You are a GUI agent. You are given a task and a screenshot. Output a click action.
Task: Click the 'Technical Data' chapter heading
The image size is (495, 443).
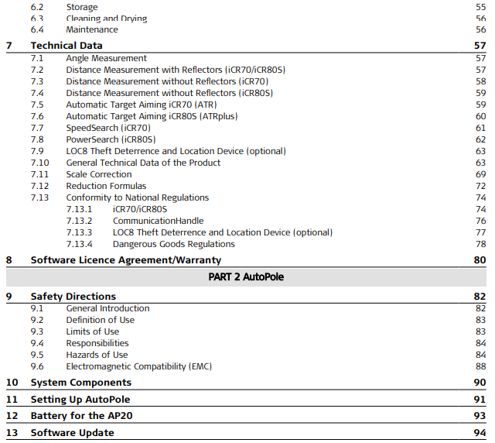tap(67, 46)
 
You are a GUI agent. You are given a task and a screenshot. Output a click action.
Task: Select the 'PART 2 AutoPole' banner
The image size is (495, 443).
tap(247, 276)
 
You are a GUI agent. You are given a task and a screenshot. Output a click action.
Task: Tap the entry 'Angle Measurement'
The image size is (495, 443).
tap(106, 58)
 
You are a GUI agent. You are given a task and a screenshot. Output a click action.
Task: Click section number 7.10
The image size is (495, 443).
tap(39, 163)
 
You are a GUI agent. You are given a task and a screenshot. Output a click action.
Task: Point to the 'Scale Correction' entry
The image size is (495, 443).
tap(99, 174)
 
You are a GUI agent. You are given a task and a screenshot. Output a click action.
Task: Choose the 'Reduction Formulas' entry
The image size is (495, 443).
tap(106, 186)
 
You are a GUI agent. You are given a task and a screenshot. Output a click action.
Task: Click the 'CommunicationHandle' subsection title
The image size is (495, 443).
tap(159, 221)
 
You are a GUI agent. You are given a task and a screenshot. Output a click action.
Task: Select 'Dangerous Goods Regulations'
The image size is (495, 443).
tap(174, 244)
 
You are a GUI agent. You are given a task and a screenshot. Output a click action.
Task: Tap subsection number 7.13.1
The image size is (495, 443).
tap(79, 209)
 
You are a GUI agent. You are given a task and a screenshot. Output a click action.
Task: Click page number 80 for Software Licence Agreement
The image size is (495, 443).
tap(480, 260)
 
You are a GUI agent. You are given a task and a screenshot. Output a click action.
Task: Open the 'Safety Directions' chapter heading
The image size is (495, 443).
tap(73, 296)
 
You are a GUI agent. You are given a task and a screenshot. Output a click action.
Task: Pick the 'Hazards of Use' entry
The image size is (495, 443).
tap(97, 355)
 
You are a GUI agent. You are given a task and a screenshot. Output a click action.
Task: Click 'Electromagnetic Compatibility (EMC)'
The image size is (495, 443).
tap(138, 366)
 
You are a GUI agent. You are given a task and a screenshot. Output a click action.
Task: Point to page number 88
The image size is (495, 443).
tap(480, 366)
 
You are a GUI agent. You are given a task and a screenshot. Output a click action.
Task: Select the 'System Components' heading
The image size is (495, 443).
tap(81, 383)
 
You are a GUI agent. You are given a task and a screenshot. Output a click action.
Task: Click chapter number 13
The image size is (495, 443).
tap(12, 433)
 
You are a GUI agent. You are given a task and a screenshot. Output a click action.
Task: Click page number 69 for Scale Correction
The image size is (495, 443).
tap(480, 174)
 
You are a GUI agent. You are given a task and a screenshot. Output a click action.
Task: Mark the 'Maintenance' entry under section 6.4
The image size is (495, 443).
tap(92, 29)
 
